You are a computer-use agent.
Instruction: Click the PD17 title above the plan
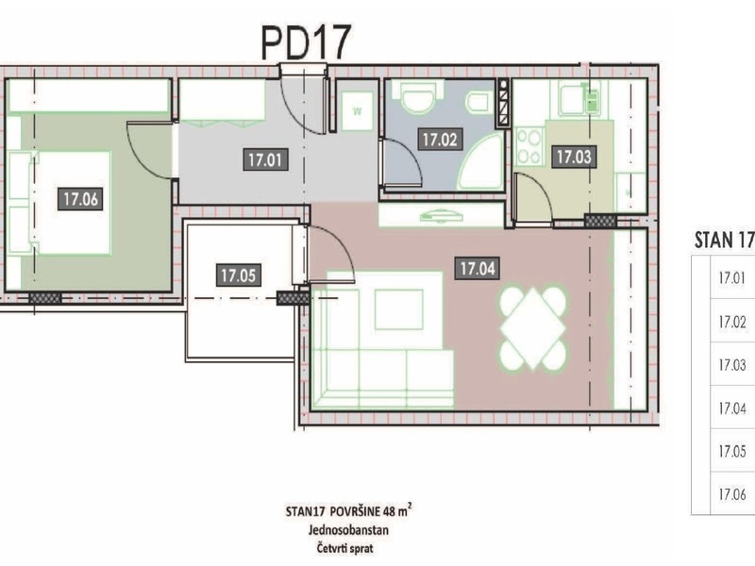click(306, 42)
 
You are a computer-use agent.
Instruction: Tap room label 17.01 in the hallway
click(265, 159)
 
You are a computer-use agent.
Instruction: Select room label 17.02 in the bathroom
click(440, 140)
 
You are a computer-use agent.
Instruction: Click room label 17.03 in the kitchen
click(574, 157)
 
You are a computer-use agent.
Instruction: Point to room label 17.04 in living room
click(478, 269)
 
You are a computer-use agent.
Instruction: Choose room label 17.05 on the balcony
click(239, 275)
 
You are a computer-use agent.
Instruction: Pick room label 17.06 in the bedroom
click(80, 199)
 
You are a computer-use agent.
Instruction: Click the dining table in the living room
click(532, 328)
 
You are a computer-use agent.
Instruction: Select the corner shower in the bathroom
click(479, 162)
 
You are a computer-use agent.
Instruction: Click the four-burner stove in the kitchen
click(528, 147)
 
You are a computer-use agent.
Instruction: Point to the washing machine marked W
click(358, 111)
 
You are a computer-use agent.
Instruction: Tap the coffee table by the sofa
click(398, 309)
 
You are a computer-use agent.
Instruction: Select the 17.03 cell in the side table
click(732, 365)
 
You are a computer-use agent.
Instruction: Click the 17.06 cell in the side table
click(732, 494)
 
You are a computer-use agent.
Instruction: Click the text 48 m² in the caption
click(397, 510)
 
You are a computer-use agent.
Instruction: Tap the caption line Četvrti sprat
click(344, 548)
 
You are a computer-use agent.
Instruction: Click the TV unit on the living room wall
click(441, 215)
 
